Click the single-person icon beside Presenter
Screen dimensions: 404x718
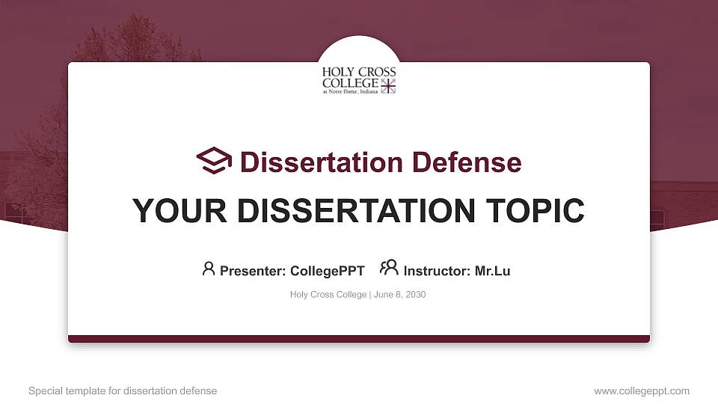click(x=209, y=269)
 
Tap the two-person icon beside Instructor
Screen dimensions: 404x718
click(x=389, y=268)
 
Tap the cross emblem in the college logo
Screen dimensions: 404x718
click(x=387, y=86)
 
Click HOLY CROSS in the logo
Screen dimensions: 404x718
click(x=359, y=73)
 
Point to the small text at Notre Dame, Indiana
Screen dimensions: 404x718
click(x=349, y=92)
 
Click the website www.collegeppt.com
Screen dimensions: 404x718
click(x=642, y=391)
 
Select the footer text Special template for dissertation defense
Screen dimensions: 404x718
click(x=123, y=391)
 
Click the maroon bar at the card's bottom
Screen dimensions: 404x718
click(x=359, y=339)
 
